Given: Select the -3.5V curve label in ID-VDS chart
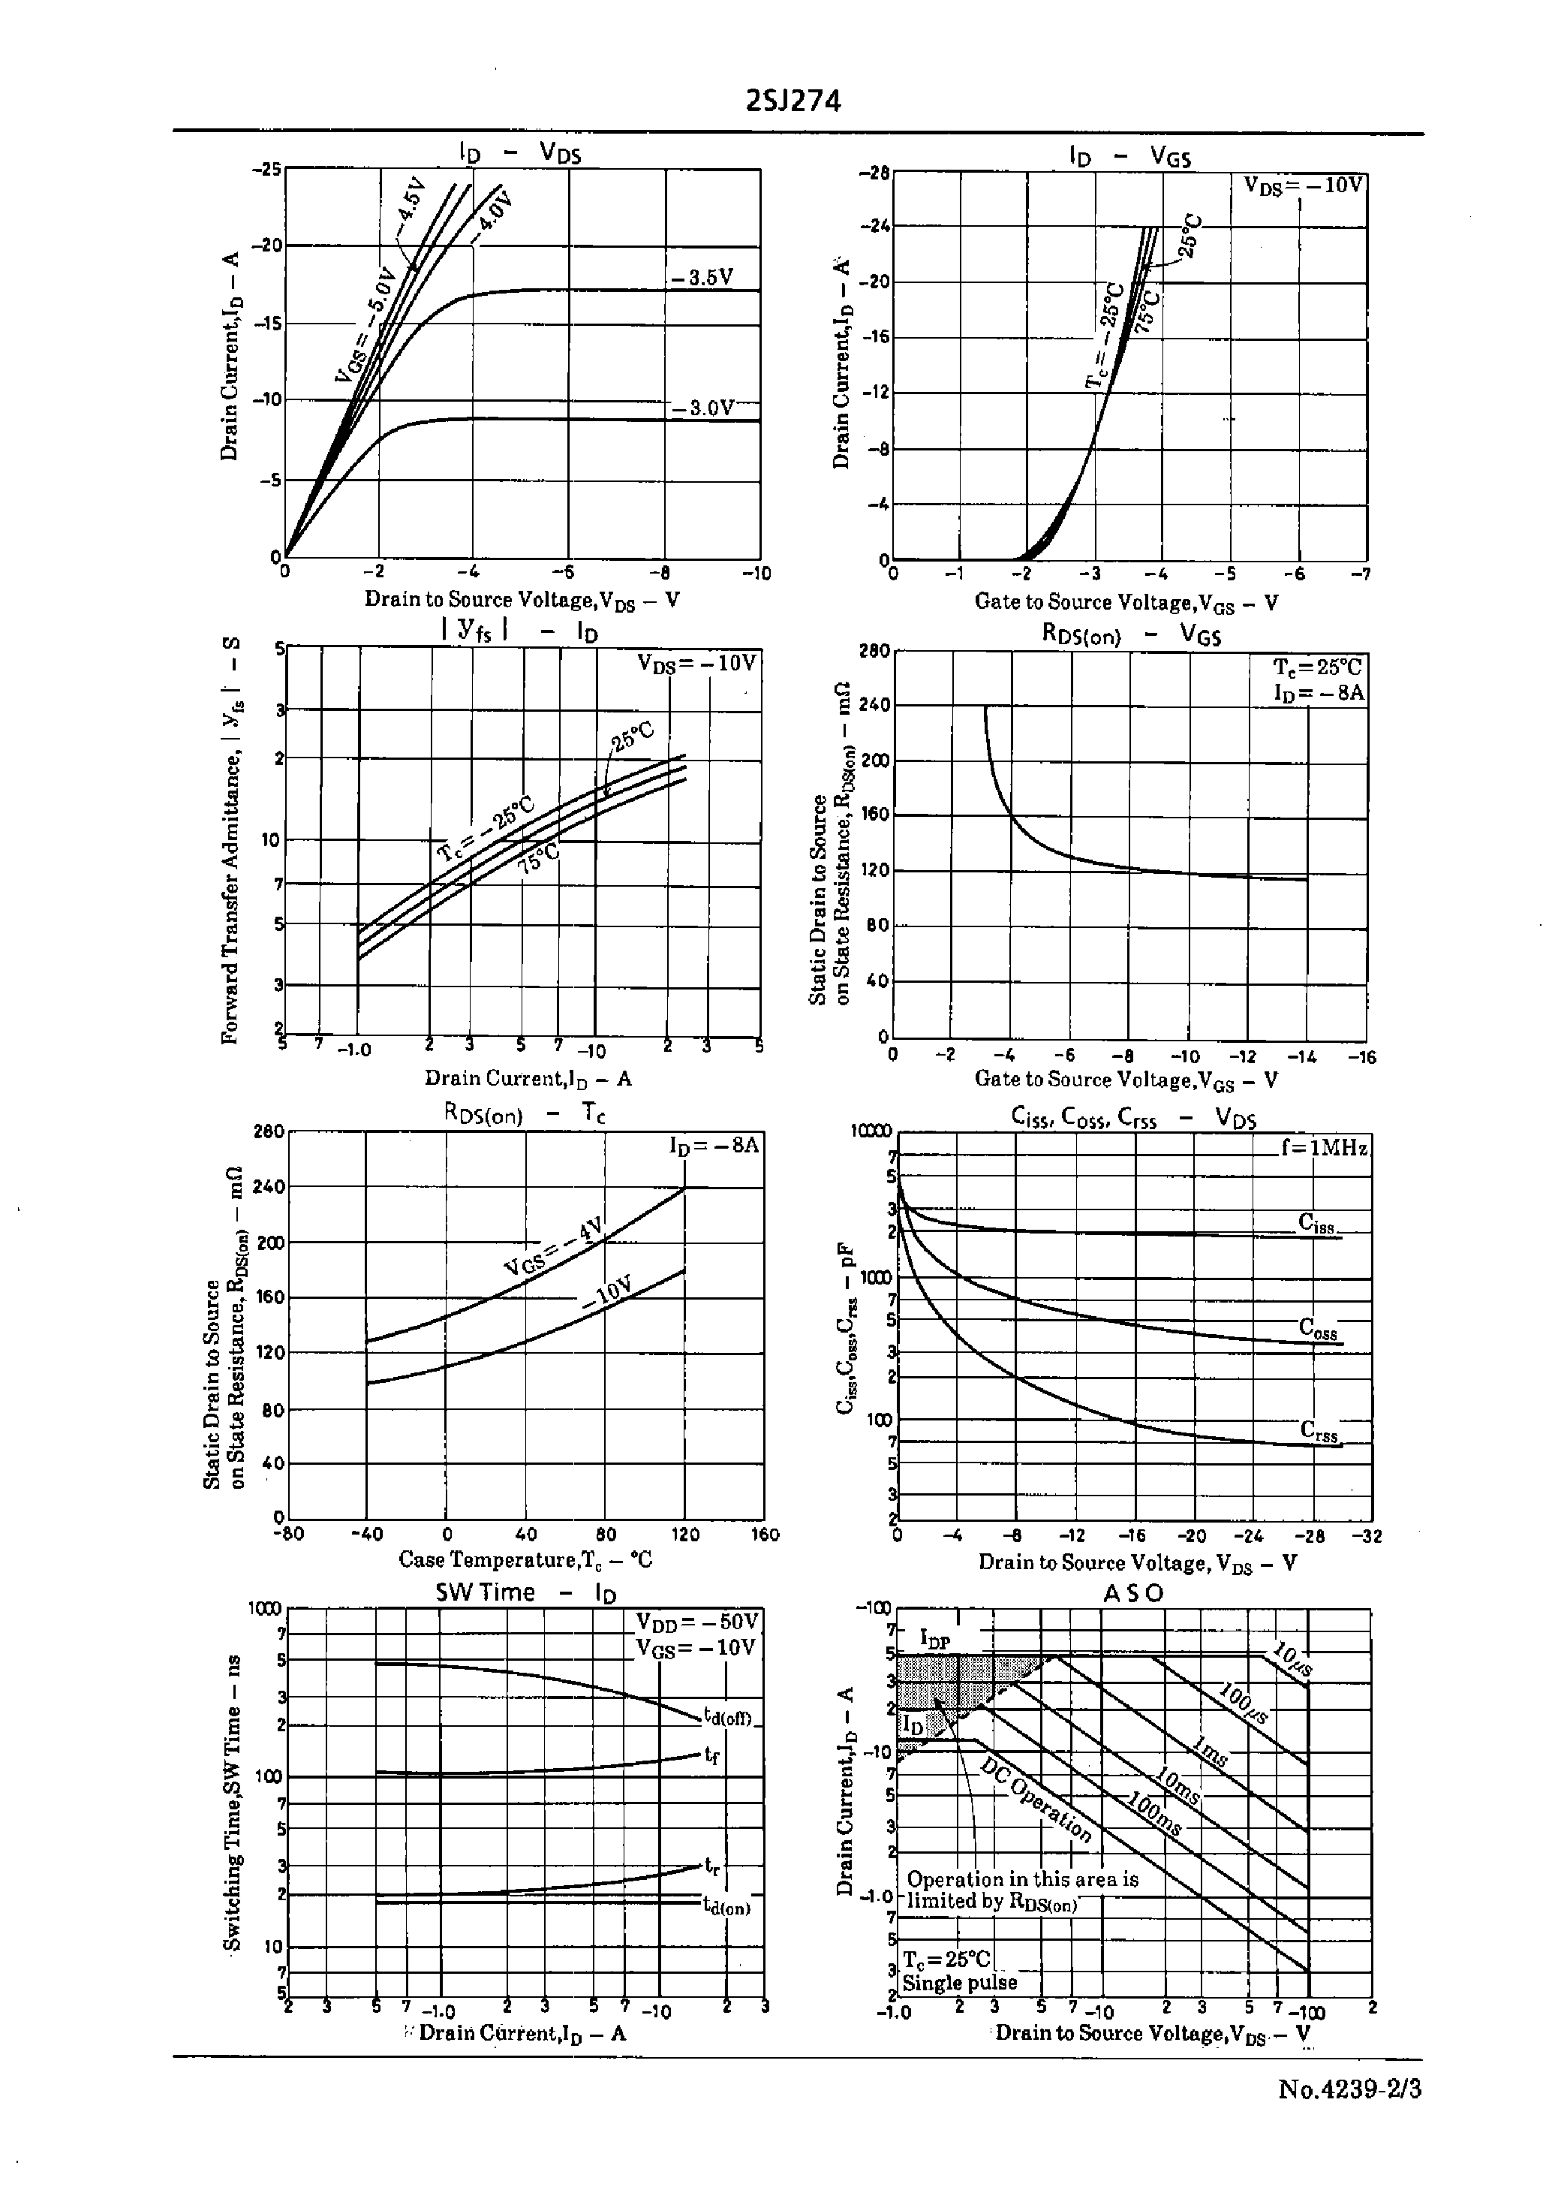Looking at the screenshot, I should click(x=702, y=278).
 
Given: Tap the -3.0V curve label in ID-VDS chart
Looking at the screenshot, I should click(x=702, y=408).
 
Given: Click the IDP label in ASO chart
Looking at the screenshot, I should click(x=934, y=1639).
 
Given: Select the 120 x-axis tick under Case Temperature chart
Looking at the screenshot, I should click(x=684, y=1535).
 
